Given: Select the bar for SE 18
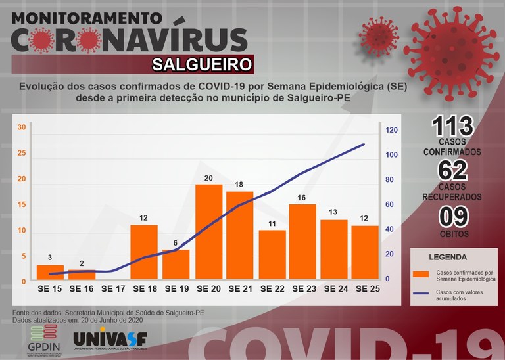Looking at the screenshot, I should click(x=144, y=254).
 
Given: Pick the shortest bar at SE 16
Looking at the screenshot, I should click(x=82, y=276).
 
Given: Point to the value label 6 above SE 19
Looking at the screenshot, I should click(x=176, y=243).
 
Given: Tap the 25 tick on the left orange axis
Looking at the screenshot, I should click(x=21, y=154).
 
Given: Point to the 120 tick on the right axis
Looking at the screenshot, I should click(x=391, y=130).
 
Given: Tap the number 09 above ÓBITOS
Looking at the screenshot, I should click(x=451, y=216).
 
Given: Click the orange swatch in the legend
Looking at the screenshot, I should click(x=423, y=274).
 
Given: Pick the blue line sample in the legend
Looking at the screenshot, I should click(x=423, y=296).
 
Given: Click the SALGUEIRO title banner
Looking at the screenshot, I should click(x=202, y=64).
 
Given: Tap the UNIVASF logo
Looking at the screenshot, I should click(x=110, y=339).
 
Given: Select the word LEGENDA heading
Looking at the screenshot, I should click(x=448, y=257).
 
